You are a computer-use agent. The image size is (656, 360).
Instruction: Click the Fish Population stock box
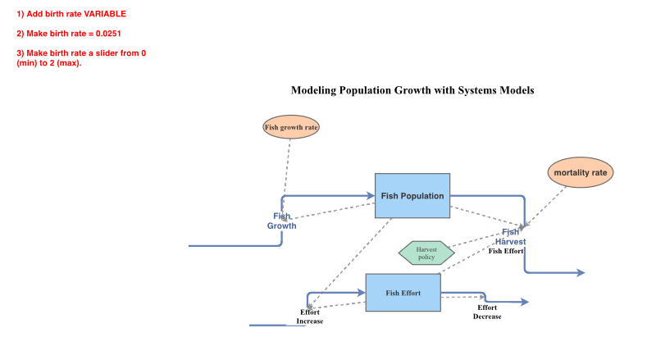tap(412, 196)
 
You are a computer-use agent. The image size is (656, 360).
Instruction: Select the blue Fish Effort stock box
tap(403, 293)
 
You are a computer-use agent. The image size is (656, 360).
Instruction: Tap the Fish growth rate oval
tap(291, 127)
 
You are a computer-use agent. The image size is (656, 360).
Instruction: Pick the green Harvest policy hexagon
tap(426, 253)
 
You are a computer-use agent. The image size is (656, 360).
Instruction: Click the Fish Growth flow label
tap(281, 221)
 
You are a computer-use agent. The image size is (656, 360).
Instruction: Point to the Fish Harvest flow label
tap(510, 237)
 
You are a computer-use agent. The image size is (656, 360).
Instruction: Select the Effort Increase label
tap(310, 317)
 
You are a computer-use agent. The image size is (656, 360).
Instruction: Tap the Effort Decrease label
tap(487, 312)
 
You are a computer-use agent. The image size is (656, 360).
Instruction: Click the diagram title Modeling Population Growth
tap(412, 90)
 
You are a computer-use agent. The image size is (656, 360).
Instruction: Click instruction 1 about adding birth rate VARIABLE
tap(71, 15)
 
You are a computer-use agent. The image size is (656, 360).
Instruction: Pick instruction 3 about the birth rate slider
tap(81, 58)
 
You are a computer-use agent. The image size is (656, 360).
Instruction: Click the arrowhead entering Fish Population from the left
tap(371, 195)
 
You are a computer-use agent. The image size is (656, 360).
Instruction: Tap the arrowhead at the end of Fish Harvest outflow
tap(581, 272)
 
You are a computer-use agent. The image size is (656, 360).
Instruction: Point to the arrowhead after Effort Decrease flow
tap(525, 302)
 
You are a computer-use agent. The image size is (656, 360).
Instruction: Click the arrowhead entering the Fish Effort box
tap(361, 293)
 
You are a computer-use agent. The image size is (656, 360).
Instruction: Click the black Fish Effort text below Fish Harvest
tap(507, 251)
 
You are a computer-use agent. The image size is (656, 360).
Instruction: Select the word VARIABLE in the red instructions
tap(105, 15)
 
